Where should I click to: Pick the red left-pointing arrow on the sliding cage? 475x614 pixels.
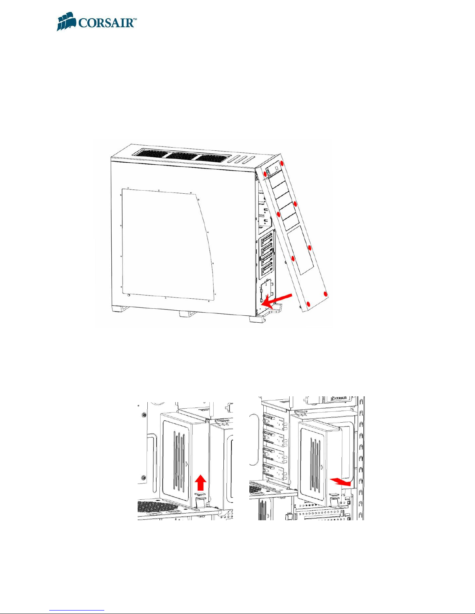(x=341, y=481)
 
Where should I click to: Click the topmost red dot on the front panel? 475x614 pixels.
(x=282, y=163)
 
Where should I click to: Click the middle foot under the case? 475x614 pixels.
(x=187, y=315)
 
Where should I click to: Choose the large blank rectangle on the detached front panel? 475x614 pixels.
(x=300, y=250)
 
